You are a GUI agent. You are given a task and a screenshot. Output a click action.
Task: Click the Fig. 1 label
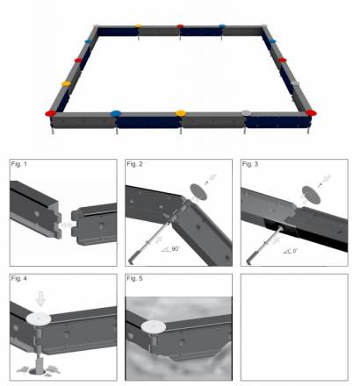click(x=18, y=164)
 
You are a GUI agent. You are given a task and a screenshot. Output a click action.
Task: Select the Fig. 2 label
click(x=134, y=164)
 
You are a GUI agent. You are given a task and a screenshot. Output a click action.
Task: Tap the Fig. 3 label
click(x=250, y=164)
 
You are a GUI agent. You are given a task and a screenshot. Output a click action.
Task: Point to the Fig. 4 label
click(x=18, y=278)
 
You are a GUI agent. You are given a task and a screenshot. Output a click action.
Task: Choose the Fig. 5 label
click(x=134, y=278)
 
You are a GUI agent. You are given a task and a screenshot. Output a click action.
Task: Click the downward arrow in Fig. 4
click(x=40, y=298)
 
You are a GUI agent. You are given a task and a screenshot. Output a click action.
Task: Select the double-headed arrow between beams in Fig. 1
click(x=67, y=225)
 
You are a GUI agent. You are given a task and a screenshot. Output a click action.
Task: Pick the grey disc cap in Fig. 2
click(x=198, y=192)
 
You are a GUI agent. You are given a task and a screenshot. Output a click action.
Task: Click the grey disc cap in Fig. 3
click(x=311, y=195)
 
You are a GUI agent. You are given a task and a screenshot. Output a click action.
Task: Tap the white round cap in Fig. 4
click(x=39, y=318)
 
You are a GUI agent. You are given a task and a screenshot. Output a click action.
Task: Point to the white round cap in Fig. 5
click(x=154, y=326)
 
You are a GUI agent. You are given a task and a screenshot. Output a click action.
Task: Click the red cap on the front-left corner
click(x=51, y=113)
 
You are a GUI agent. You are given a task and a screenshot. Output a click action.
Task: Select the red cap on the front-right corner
click(x=311, y=112)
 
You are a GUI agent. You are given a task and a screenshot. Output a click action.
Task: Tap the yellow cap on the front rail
click(x=181, y=113)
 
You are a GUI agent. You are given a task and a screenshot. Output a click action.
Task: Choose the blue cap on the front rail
click(x=116, y=113)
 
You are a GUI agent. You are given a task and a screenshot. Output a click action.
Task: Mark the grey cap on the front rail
click(x=246, y=112)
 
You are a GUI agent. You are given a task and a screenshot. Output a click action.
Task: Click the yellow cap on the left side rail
click(x=66, y=84)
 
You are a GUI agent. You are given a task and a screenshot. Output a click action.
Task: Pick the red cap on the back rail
click(x=180, y=26)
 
